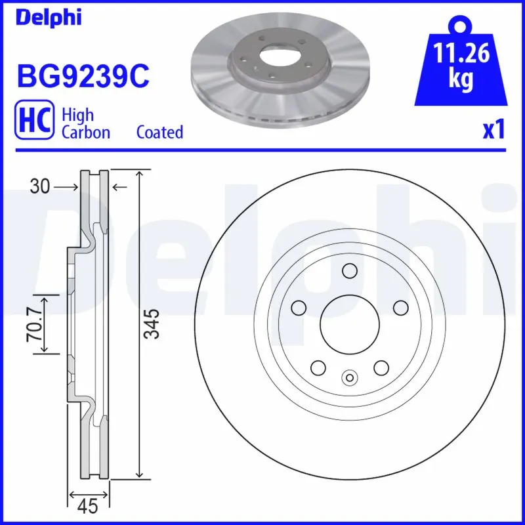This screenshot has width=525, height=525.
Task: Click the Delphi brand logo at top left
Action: click(x=49, y=18)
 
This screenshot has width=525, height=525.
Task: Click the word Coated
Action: click(x=159, y=132)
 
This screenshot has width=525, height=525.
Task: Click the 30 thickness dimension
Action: click(x=40, y=188)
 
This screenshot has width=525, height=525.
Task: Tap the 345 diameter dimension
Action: click(x=152, y=324)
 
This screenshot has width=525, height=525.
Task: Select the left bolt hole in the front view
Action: click(x=299, y=307)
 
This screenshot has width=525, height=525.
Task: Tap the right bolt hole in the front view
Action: click(x=400, y=307)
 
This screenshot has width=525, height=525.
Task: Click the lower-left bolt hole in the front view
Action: click(x=318, y=367)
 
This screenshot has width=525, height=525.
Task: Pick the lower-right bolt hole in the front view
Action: click(x=381, y=367)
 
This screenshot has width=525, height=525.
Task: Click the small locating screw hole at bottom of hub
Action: click(x=349, y=377)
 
